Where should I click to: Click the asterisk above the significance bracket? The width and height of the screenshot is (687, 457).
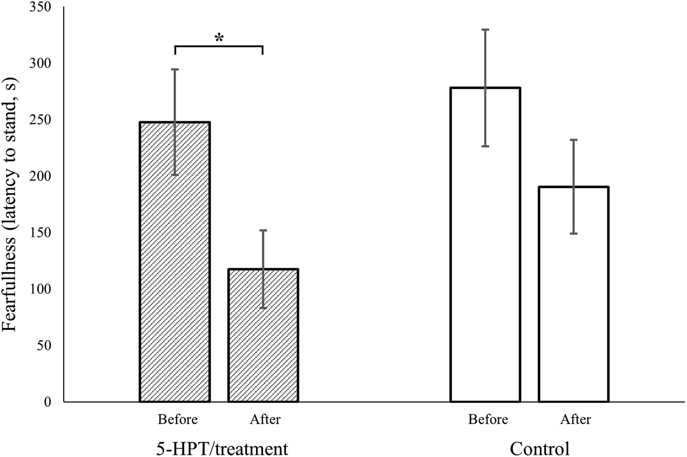pos(219,38)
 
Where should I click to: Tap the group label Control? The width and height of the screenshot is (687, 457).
pos(539,448)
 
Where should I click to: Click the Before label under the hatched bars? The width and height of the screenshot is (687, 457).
pos(178,420)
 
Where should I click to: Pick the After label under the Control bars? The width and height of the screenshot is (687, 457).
pos(575,420)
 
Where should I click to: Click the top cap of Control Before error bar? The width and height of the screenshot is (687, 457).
pos(485,30)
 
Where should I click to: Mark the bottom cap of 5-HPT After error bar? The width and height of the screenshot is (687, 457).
pos(263,308)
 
